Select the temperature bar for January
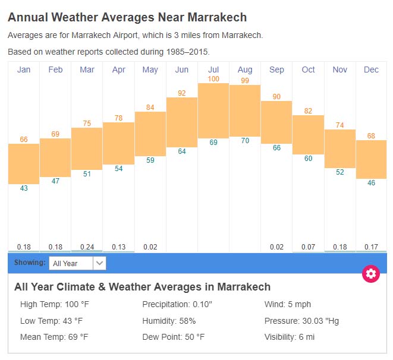tap(24, 164)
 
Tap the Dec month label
tap(371, 70)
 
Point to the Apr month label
tap(118, 70)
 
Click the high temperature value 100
tap(213, 78)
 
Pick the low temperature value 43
tap(24, 188)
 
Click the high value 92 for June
tap(182, 93)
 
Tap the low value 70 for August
tap(245, 141)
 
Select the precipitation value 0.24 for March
tap(87, 247)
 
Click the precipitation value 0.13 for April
tap(118, 247)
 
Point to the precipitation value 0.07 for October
tap(308, 247)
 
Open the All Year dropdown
tap(77, 263)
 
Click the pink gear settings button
tap(371, 274)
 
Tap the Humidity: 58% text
tap(169, 321)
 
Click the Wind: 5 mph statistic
tap(287, 305)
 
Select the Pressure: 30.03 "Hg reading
tap(301, 321)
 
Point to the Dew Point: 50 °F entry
tap(173, 337)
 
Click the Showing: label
tap(30, 263)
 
